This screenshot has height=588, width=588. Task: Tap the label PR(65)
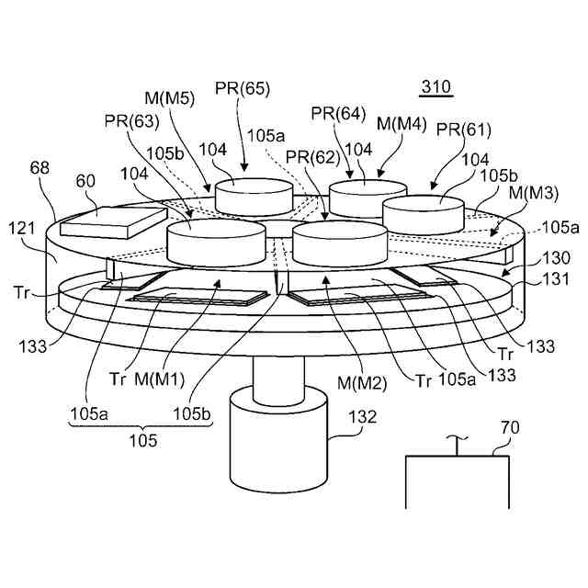[243, 89]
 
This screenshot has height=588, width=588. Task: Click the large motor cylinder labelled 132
[278, 441]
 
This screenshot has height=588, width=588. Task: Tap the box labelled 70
[458, 482]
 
